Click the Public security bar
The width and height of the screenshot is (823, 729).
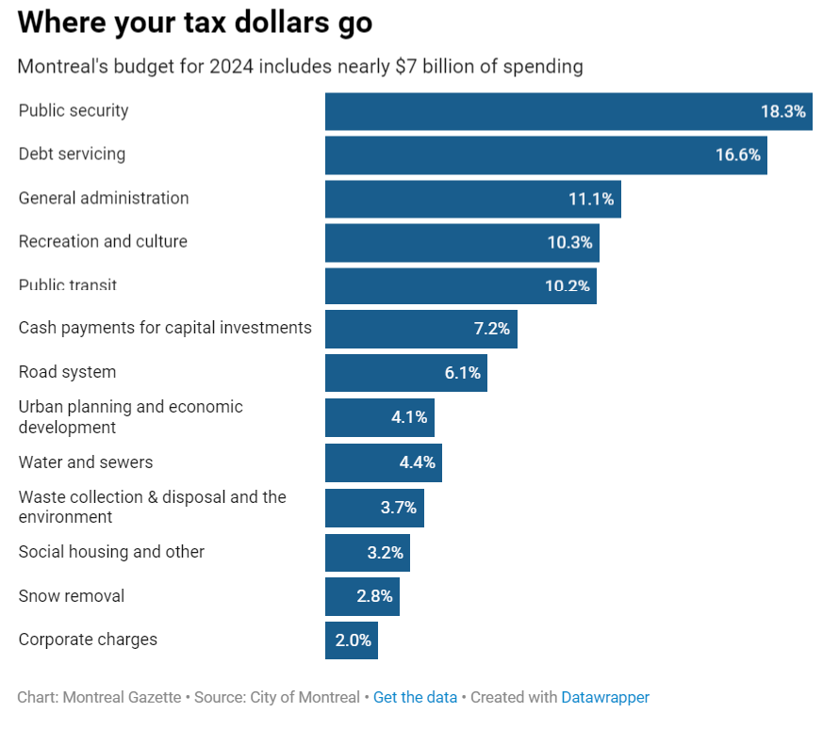tap(568, 111)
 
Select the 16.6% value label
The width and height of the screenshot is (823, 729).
tap(738, 154)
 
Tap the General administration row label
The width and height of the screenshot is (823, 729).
tap(104, 198)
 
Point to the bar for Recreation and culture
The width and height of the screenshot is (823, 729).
tap(462, 243)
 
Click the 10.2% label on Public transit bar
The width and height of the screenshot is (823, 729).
tap(568, 286)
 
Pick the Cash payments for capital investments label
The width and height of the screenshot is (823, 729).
tap(165, 328)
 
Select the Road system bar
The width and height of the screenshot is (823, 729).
tap(406, 373)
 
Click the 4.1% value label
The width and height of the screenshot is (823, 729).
tap(409, 417)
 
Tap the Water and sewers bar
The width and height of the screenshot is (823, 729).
tap(384, 463)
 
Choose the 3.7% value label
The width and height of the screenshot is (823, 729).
tap(399, 508)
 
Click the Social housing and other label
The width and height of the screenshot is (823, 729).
tap(111, 552)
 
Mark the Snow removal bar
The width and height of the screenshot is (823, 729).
tap(362, 597)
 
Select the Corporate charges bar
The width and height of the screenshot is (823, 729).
tap(352, 640)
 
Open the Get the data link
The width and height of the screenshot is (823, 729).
tap(415, 698)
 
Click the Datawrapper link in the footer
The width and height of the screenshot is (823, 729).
tap(605, 698)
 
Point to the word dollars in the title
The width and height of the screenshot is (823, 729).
tap(281, 23)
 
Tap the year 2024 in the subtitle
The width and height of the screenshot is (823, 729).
tap(232, 67)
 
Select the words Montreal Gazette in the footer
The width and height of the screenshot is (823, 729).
tap(122, 698)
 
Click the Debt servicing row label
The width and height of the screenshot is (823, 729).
tap(72, 154)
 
